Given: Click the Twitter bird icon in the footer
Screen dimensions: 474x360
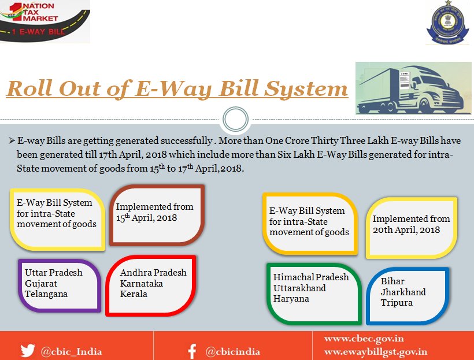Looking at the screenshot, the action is point(27,350).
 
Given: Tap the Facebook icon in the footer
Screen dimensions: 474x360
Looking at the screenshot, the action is point(192,351).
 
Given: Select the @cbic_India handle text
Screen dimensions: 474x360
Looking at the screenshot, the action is point(71,351).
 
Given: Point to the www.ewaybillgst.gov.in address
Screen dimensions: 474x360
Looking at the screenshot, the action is point(376,351).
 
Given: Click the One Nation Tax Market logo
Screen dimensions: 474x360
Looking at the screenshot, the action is point(45,22).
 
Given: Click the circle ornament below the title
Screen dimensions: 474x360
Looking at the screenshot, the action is point(235,120).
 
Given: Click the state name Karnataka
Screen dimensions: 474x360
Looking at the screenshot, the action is point(142,283).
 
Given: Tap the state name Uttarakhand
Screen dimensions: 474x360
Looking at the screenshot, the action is point(299,288).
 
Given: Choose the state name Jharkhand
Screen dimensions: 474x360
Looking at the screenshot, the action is point(403,292).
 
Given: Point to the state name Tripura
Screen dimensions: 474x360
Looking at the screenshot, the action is point(397,302).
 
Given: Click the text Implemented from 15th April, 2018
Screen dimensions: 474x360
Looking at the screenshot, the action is point(154,212).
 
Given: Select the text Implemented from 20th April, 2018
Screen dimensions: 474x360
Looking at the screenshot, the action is point(410,224).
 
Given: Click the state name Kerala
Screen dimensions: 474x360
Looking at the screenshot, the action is point(134,294).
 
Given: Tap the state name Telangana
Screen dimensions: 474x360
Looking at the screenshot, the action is point(46,294).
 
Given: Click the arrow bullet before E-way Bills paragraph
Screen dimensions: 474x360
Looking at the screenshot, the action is point(12,141).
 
